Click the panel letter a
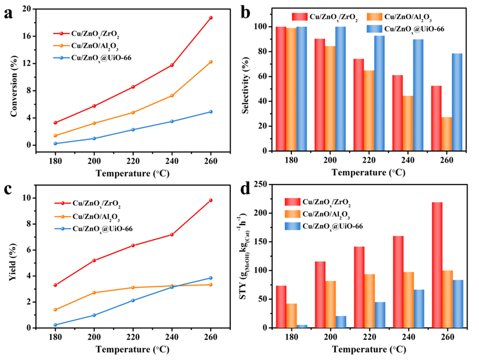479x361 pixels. (8, 12)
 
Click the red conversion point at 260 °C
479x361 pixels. (211, 17)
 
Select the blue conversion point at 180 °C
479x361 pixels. (56, 144)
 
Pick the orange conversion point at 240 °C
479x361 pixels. (172, 96)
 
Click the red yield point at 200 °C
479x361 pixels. (94, 261)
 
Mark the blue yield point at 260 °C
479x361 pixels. (211, 278)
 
